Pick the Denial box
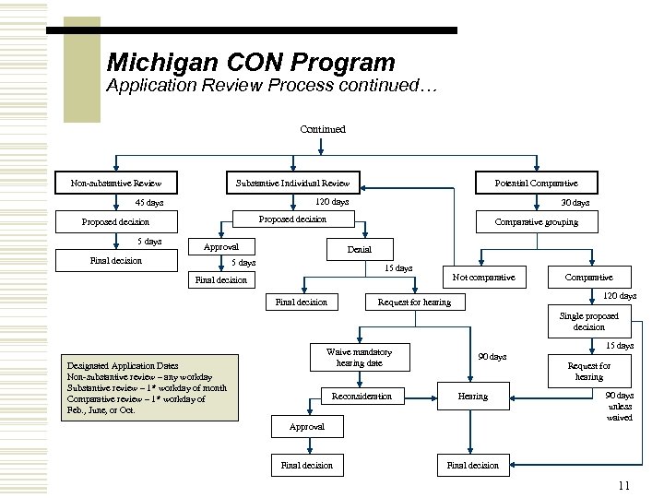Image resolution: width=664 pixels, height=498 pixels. pos(360,250)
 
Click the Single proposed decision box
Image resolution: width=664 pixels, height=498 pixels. pos(589,322)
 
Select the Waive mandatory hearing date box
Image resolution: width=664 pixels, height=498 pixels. pos(360,358)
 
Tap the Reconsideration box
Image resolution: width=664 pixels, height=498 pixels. pos(362,397)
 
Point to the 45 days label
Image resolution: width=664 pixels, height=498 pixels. pos(148,203)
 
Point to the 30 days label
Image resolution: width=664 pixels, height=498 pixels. pos(575,203)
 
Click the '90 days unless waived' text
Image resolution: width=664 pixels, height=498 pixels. pos(619,406)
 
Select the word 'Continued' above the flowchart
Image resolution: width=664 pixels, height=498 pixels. pos(323,129)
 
